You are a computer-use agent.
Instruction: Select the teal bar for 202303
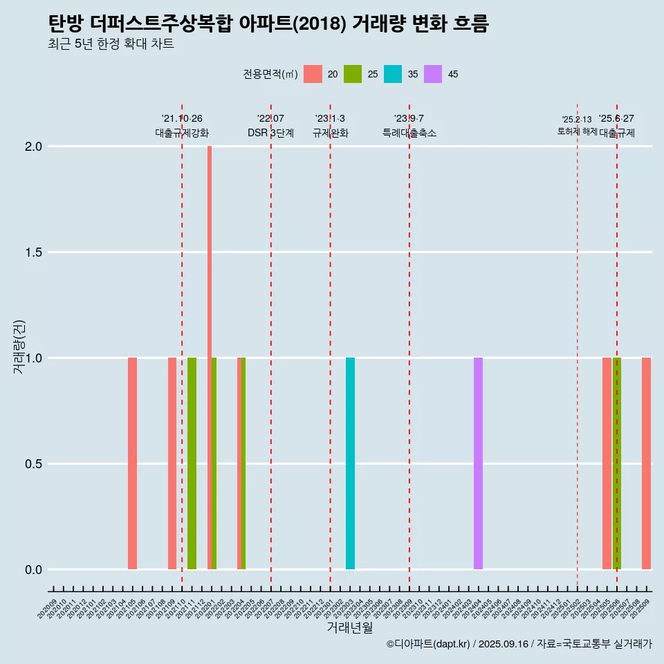click(350, 463)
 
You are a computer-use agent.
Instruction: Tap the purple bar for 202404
click(478, 463)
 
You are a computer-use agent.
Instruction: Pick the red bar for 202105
click(132, 463)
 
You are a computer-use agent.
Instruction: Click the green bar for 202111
click(192, 463)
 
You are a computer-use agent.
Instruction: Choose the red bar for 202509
click(646, 463)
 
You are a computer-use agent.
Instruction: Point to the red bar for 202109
click(172, 463)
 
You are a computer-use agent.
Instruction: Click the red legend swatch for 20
click(313, 74)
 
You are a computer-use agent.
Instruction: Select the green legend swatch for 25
click(353, 74)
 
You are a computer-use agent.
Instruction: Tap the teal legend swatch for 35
click(393, 74)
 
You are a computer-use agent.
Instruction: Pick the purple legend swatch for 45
click(433, 74)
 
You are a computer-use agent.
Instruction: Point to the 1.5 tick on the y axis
click(33, 252)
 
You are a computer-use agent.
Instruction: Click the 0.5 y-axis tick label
click(33, 464)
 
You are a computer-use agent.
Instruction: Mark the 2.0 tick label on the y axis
click(33, 147)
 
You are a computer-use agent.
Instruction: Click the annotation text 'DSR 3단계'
click(270, 133)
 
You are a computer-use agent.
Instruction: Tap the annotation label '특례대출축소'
click(409, 133)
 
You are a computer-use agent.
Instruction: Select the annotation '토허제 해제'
click(577, 131)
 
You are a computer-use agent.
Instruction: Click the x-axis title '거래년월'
click(349, 627)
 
